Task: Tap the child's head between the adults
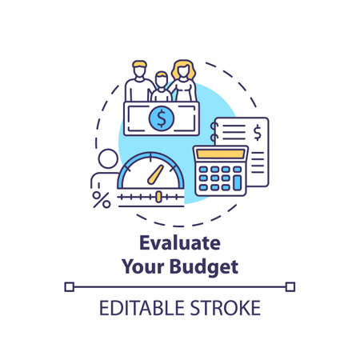point(162,82)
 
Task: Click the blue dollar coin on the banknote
point(162,119)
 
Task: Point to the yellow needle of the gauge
point(159,173)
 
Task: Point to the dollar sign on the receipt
point(257,130)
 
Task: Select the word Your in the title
point(142,267)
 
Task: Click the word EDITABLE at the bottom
point(142,308)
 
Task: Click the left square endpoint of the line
point(69,286)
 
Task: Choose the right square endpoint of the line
point(290,286)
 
